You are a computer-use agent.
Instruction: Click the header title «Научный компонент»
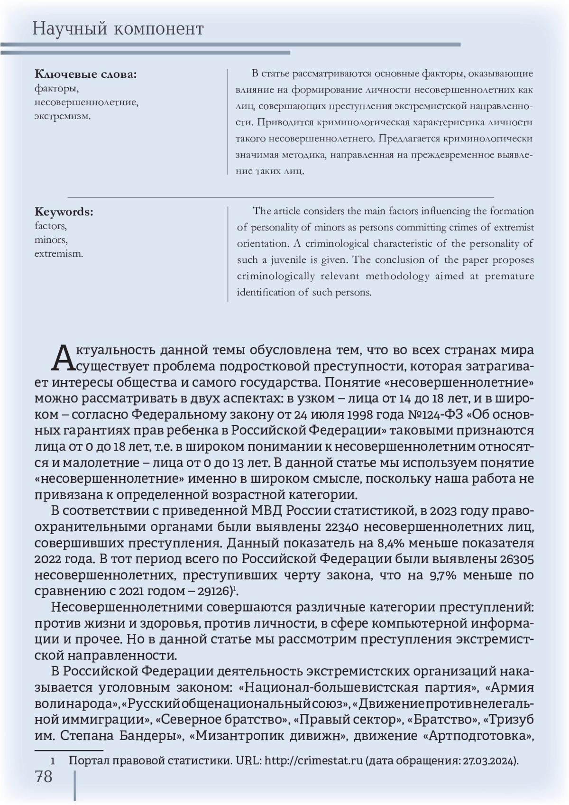click(x=118, y=29)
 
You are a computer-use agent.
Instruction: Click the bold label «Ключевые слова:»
click(x=85, y=74)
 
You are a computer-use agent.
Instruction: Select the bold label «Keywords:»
click(x=64, y=212)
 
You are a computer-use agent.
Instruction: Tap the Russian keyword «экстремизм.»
click(x=62, y=116)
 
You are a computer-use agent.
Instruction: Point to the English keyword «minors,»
click(x=51, y=240)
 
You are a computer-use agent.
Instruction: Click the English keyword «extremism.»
click(x=58, y=254)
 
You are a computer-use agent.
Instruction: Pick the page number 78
click(x=44, y=777)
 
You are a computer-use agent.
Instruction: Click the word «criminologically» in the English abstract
click(x=275, y=277)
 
